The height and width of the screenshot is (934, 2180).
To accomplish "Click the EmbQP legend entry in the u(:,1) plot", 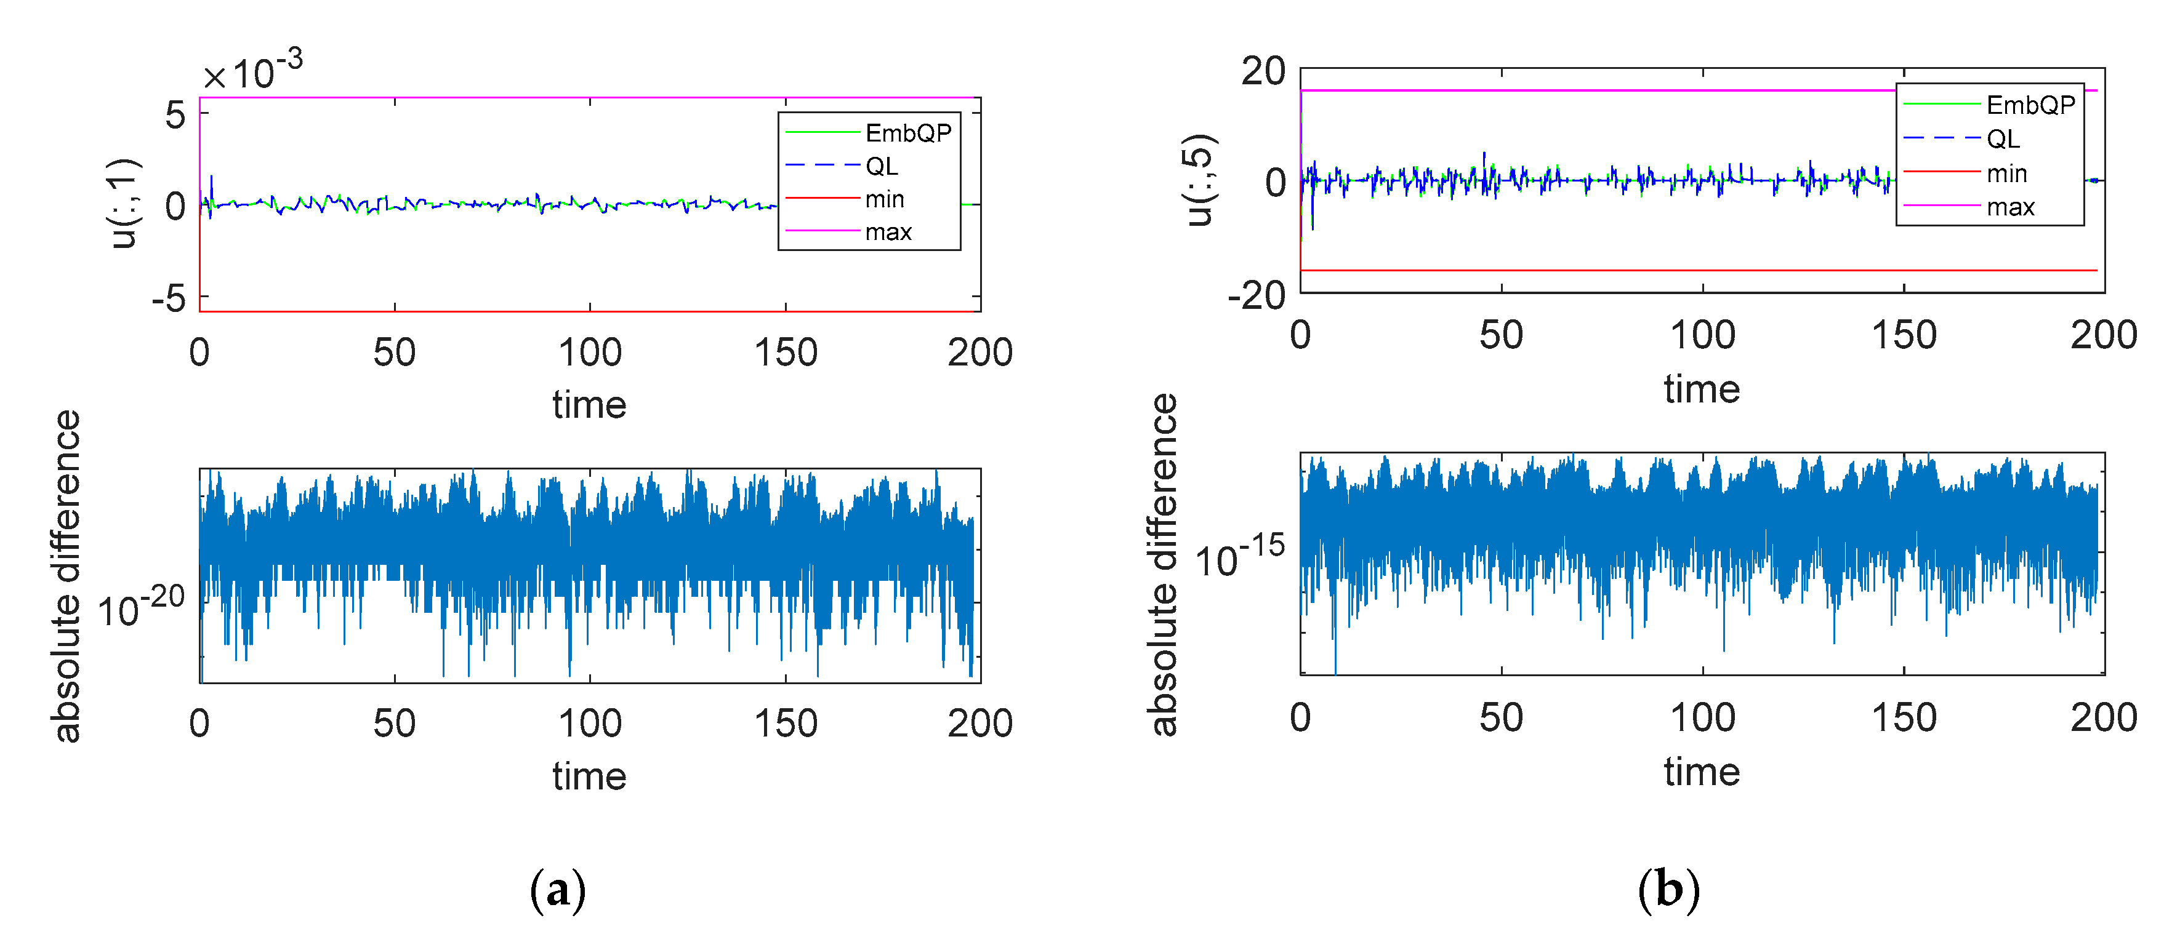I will click(x=907, y=133).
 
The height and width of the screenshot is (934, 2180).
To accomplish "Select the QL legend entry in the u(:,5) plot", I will click(x=2003, y=139).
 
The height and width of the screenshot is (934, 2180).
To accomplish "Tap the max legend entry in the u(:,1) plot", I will click(x=888, y=232).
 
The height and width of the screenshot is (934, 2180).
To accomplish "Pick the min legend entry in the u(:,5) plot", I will click(x=2006, y=174).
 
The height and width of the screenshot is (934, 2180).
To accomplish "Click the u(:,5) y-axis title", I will click(x=1200, y=180).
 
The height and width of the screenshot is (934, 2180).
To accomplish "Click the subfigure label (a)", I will click(x=558, y=890).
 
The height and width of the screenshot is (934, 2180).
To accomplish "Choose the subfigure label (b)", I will click(x=1668, y=890).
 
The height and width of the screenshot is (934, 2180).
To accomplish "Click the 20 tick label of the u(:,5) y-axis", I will click(x=1263, y=72).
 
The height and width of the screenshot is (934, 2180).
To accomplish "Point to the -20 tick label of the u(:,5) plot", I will click(x=1256, y=296).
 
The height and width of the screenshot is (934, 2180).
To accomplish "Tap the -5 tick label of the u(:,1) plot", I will click(x=169, y=298).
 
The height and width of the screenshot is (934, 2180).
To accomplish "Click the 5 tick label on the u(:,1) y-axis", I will click(x=175, y=115).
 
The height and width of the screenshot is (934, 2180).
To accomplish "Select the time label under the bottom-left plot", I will click(x=589, y=776).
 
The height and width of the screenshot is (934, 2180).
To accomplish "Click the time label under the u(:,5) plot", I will click(x=1701, y=389).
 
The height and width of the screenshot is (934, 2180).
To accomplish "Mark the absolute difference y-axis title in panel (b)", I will click(x=1164, y=564).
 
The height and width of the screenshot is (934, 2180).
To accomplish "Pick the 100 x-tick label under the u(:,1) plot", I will click(x=590, y=353).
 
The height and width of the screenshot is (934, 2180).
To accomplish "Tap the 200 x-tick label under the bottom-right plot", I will click(x=2103, y=717).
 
